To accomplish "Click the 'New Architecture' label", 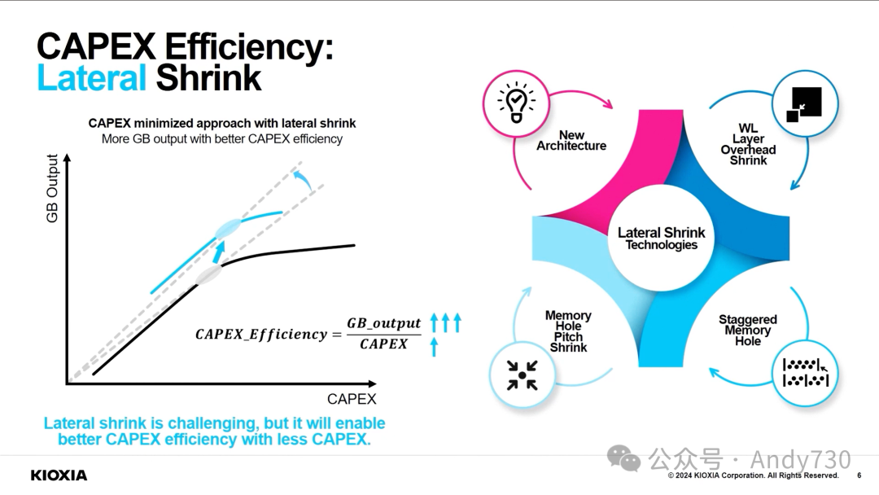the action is click(x=571, y=141).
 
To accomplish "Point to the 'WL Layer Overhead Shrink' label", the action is click(x=748, y=144).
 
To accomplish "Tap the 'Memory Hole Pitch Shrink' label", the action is click(x=568, y=331).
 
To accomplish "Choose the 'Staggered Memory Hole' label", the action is click(x=747, y=330).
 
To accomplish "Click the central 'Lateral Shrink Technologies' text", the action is click(x=661, y=239).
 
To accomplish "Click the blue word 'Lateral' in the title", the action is click(x=91, y=78).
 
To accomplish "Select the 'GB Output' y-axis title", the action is click(x=53, y=189).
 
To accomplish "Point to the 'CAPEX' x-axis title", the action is click(x=352, y=399).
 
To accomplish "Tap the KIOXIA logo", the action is click(x=59, y=475).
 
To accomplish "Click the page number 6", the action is click(x=859, y=476).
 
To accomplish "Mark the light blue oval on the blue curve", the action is click(x=228, y=229).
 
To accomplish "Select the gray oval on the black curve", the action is click(x=208, y=275).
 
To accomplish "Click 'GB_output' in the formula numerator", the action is click(x=384, y=323).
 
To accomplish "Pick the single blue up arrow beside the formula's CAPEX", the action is click(x=434, y=347).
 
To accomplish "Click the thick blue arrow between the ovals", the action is click(x=218, y=252).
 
